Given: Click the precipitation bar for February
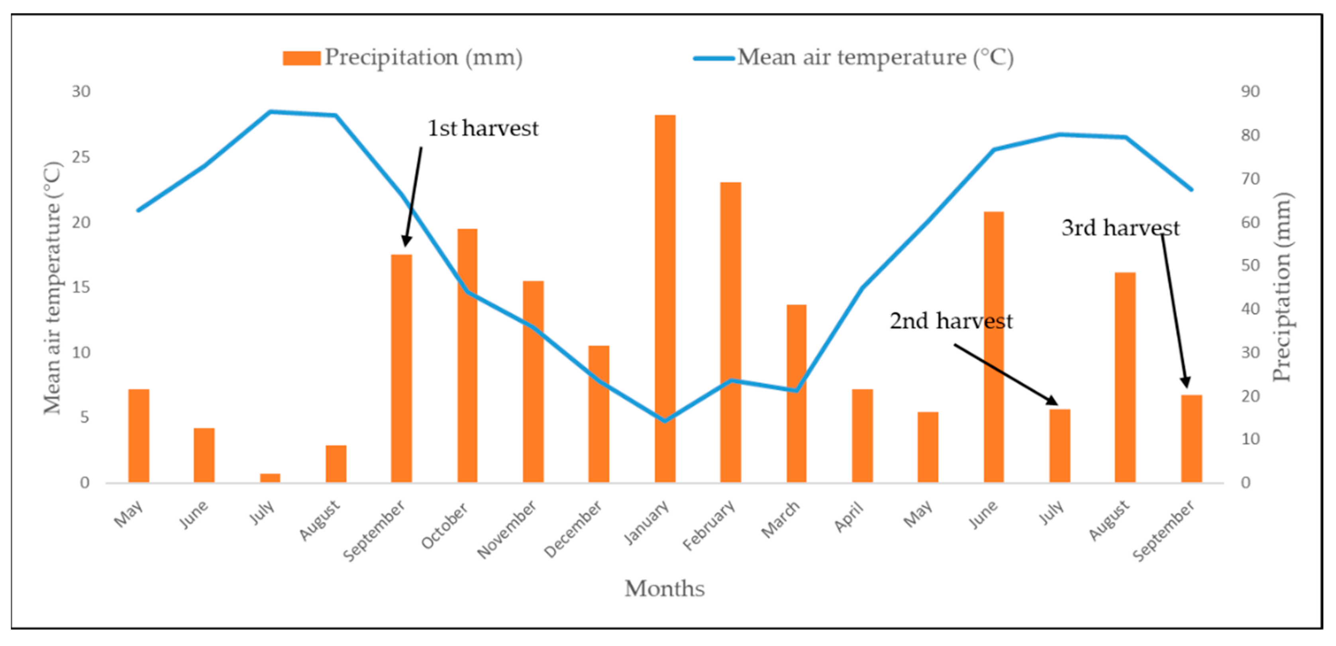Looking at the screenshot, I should point(730,332).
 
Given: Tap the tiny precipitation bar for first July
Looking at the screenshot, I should point(270,478).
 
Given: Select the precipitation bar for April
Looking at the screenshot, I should point(862,435).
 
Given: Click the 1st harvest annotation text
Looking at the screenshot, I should point(483,128).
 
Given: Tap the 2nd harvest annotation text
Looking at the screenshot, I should point(951,321).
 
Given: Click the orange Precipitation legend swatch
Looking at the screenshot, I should point(301,58).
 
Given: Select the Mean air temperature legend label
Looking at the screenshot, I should point(875,57).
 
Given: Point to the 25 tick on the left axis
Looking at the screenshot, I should point(81,157).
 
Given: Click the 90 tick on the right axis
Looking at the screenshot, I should point(1250,91).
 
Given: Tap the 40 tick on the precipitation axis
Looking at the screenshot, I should point(1250,309).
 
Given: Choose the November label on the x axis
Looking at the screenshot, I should point(507,529).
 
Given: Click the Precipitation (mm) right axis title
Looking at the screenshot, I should point(1281,287).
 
